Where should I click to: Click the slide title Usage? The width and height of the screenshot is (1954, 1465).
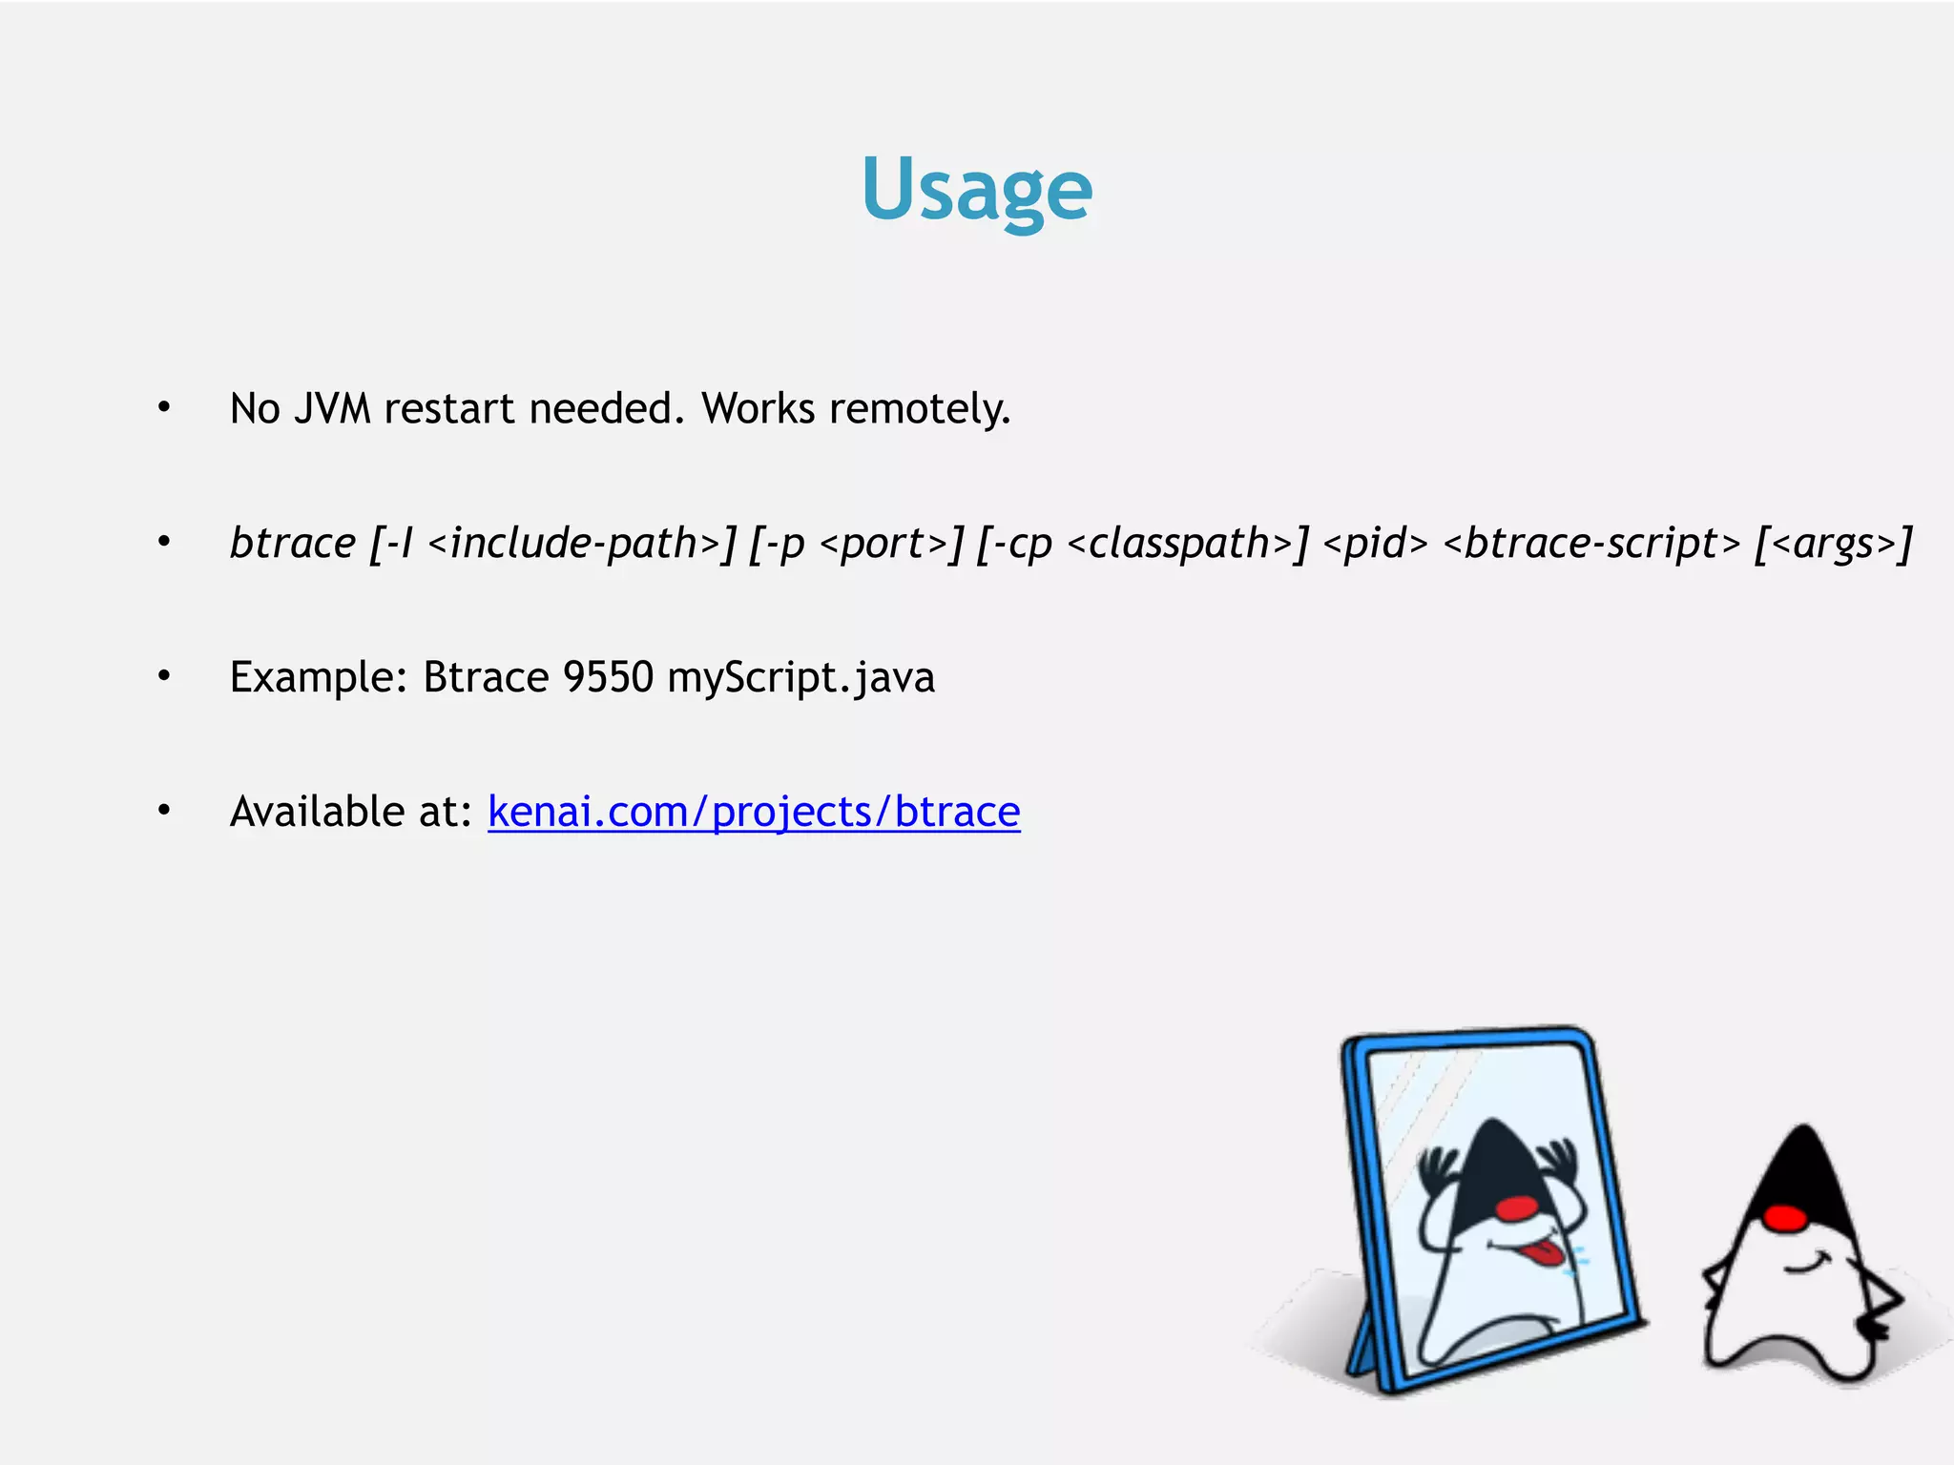976,189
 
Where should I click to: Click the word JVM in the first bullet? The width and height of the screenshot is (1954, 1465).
332,409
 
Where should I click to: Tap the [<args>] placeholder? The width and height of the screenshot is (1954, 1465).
1833,544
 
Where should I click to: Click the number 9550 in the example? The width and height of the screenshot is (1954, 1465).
608,678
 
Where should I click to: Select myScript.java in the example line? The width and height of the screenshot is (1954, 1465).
800,678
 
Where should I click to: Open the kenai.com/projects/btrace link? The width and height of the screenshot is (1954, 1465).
754,813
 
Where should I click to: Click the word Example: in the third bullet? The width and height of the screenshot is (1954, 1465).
319,678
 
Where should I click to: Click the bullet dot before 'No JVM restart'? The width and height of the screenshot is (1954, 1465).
164,408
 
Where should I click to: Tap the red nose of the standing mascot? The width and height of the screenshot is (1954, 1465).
1785,1218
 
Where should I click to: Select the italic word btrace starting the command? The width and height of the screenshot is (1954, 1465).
293,544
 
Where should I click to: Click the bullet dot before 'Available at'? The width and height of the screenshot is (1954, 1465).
164,812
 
